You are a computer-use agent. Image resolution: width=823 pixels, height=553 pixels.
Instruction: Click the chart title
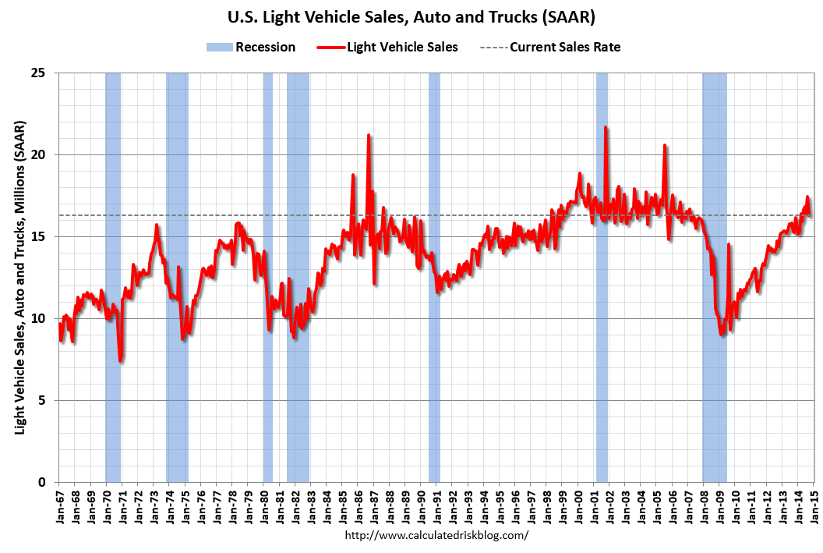pos(411,16)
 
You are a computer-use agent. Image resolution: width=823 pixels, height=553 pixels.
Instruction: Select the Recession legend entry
pos(251,47)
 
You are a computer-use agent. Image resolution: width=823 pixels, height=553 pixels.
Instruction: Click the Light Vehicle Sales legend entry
pos(387,47)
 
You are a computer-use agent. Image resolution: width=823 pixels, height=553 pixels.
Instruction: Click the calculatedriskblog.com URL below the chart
pos(436,535)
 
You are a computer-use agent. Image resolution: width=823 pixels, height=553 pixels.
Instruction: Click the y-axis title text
pos(20,278)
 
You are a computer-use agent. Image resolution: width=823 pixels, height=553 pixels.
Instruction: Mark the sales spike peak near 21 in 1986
pos(369,136)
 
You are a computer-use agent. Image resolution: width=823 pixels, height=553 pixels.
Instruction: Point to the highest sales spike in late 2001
pos(606,127)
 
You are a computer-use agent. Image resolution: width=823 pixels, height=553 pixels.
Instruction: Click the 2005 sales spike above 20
pos(665,145)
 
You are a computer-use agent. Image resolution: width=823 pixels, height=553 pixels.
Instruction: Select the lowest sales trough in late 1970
pos(121,360)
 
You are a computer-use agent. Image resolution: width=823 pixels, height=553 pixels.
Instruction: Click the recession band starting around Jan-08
pos(715,312)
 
